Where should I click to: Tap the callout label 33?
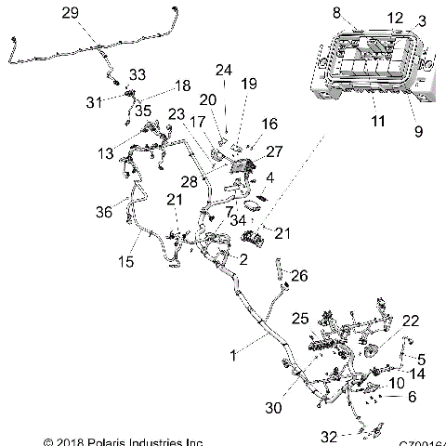pos(138,74)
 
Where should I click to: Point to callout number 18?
pos(183,85)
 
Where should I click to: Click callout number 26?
pos(299,275)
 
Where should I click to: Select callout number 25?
pos(299,318)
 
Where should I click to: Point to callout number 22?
pos(411,321)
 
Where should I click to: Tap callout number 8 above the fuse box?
pos(336,12)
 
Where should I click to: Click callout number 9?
pos(417,132)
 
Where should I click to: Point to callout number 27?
pos(274,151)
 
